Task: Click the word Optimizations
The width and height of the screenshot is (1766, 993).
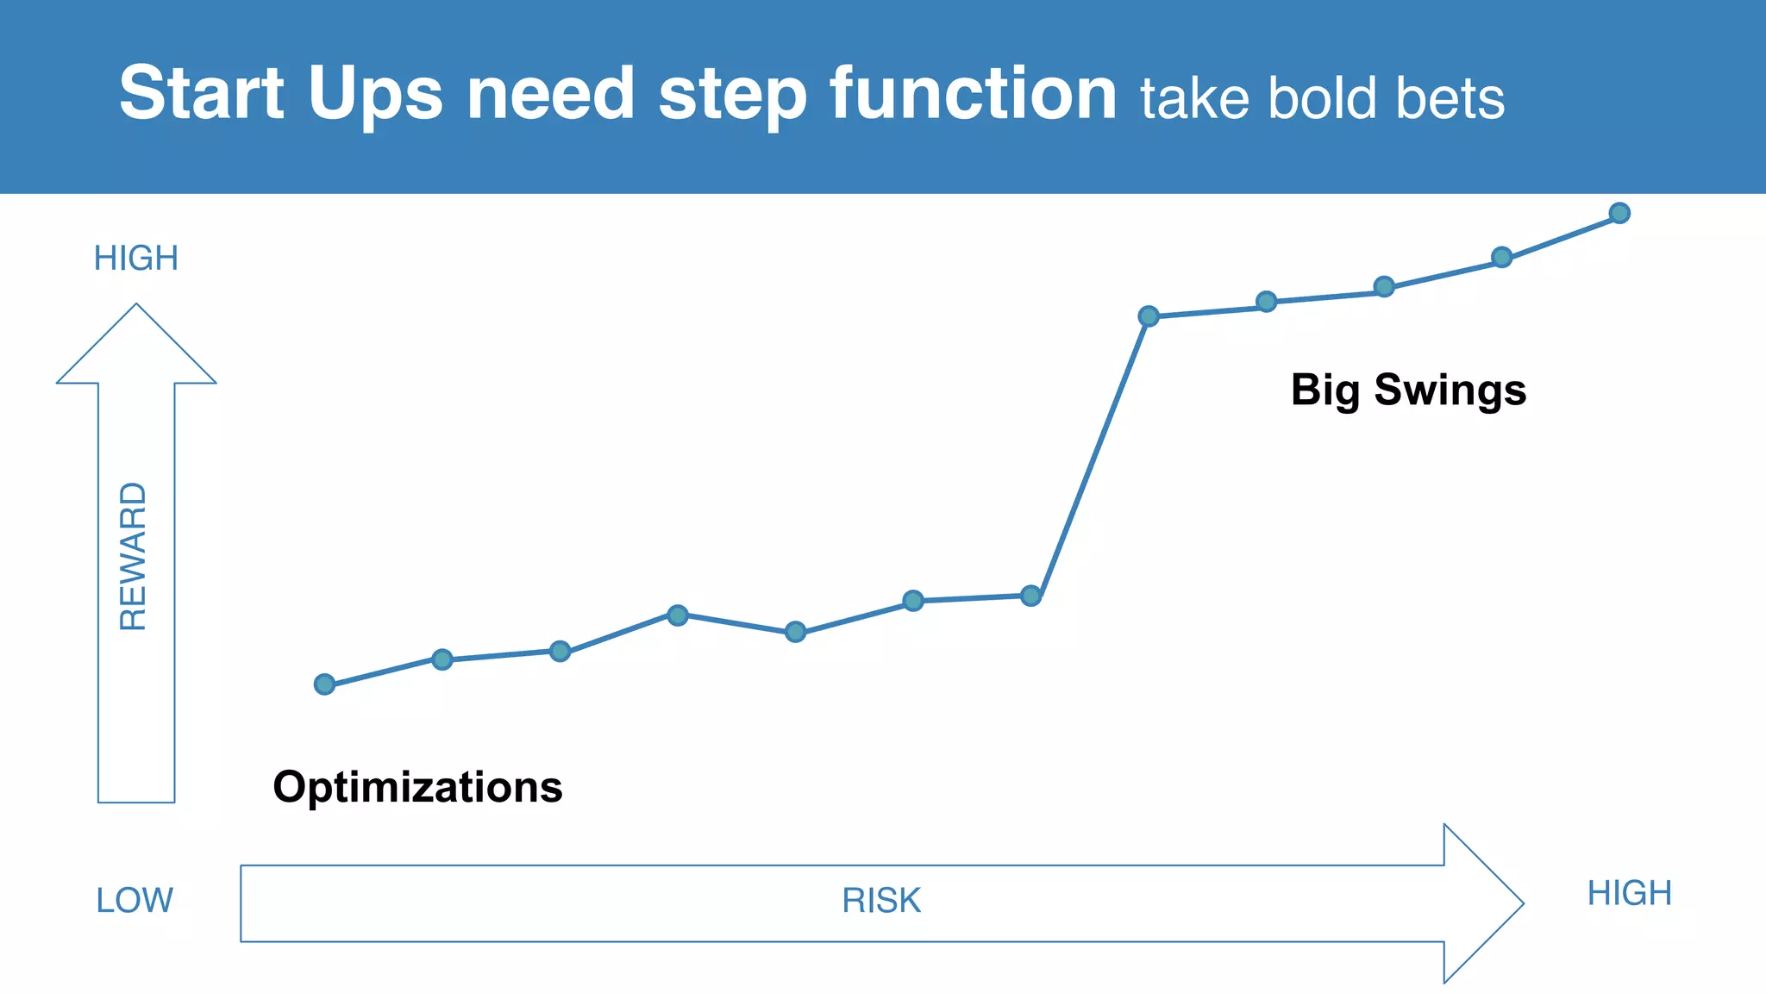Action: [417, 787]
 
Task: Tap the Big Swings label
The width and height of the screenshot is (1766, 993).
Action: [1408, 390]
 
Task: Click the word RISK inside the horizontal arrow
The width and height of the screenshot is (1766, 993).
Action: [881, 901]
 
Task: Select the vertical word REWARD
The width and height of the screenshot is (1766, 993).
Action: [134, 556]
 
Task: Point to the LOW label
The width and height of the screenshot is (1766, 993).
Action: [135, 901]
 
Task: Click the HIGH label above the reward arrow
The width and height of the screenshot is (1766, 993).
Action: [136, 259]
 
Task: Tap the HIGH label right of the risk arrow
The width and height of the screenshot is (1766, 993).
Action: [1629, 894]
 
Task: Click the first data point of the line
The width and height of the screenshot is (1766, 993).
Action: [324, 684]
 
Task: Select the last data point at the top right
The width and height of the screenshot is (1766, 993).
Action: [1619, 213]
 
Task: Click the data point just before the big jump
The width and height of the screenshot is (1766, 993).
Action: [1030, 596]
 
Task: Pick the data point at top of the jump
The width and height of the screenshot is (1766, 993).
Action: [1149, 316]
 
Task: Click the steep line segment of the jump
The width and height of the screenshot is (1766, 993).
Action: [1090, 456]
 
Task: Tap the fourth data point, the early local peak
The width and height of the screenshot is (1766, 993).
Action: [678, 615]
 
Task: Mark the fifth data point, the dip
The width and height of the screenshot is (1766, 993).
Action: [796, 632]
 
